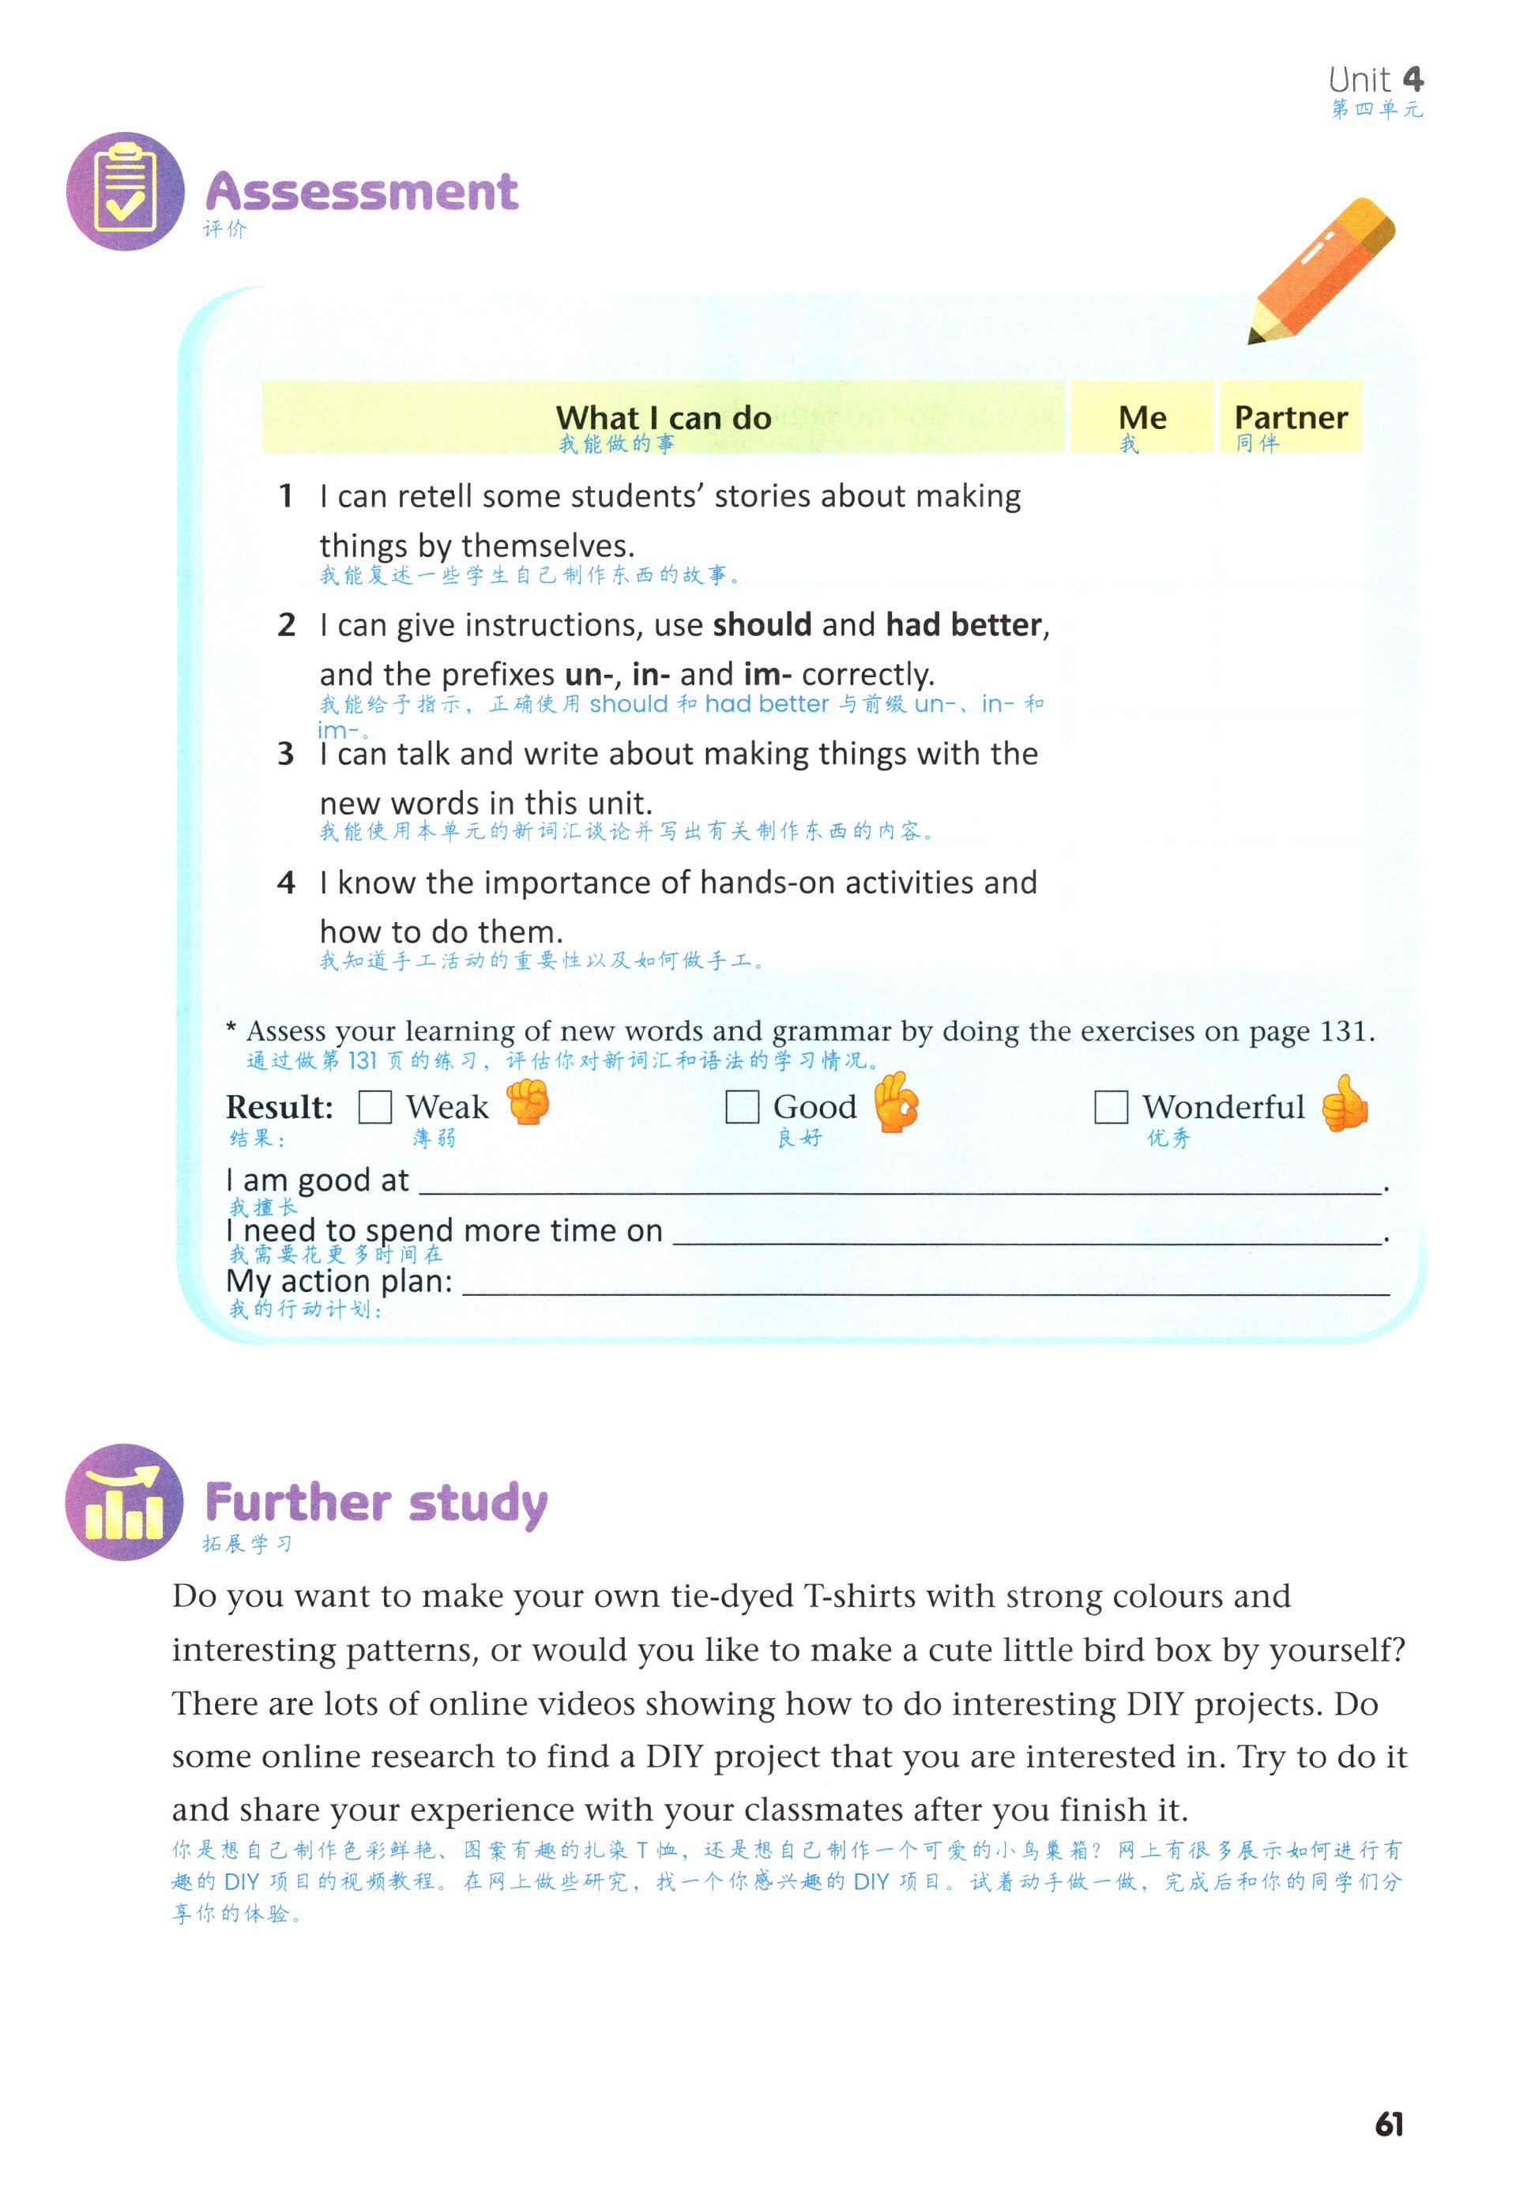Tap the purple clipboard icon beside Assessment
coord(125,192)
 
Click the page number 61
coord(1388,2124)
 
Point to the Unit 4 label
coord(1375,80)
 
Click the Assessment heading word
coord(362,192)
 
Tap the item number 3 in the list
coord(286,754)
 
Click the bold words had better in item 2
coord(963,626)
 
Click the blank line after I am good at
coord(901,1183)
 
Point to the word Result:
coord(279,1107)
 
